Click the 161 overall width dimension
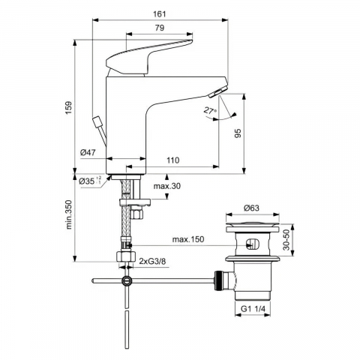(160, 13)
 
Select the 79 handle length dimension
(160, 28)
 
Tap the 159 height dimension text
(69, 107)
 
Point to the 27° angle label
(210, 110)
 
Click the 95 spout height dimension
(238, 133)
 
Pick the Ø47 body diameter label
(88, 152)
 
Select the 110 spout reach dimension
(173, 160)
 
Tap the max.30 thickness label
(167, 186)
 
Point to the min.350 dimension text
(69, 214)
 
